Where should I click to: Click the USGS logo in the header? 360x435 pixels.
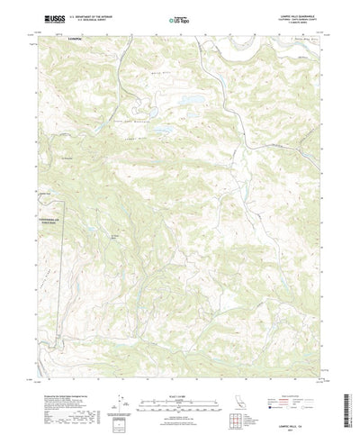click(43, 17)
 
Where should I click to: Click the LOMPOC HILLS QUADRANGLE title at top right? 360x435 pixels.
click(298, 14)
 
